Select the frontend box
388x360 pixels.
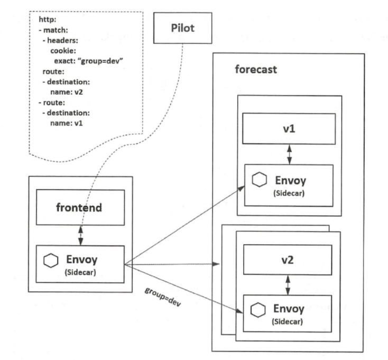point(80,207)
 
